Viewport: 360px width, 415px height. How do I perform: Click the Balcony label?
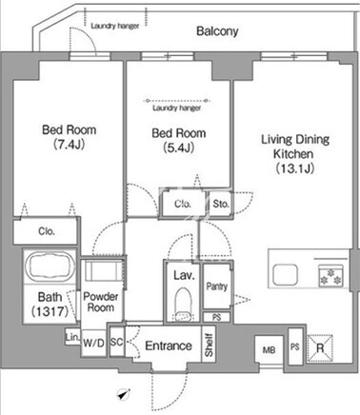pos(217,31)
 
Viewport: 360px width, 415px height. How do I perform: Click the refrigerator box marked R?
pos(320,348)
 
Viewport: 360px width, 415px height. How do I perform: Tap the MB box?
pos(269,350)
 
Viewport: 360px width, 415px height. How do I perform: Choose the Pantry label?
pos(217,287)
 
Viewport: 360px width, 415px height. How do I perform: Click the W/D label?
pos(93,343)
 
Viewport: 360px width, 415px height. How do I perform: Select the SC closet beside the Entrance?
pos(117,342)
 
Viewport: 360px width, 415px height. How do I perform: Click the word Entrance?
pos(169,346)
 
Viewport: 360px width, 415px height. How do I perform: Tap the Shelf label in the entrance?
pos(209,345)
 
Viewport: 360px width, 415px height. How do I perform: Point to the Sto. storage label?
pos(221,204)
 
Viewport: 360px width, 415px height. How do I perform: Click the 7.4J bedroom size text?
pos(69,145)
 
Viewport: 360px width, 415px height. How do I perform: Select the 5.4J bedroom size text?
pos(178,148)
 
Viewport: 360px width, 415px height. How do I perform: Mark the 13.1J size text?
pos(295,168)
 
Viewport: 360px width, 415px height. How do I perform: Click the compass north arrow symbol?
pos(123,394)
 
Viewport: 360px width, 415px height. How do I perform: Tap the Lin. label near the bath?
pos(72,338)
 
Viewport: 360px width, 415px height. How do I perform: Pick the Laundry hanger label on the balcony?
pos(114,26)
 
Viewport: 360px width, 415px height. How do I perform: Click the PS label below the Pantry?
pos(216,317)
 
